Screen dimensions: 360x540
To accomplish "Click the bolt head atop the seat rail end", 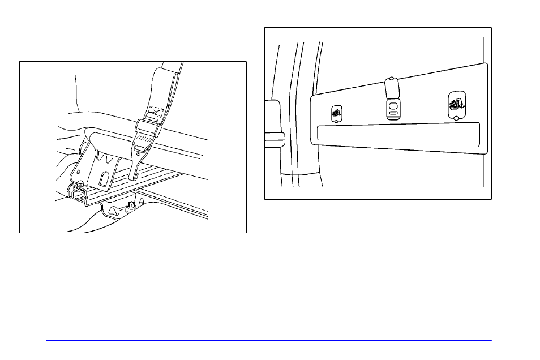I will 83,182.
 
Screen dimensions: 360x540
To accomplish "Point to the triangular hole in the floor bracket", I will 113,211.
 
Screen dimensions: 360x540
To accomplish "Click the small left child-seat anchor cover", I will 337,113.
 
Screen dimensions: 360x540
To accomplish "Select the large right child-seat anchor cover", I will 456,104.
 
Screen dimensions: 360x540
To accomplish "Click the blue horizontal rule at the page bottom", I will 269,341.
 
